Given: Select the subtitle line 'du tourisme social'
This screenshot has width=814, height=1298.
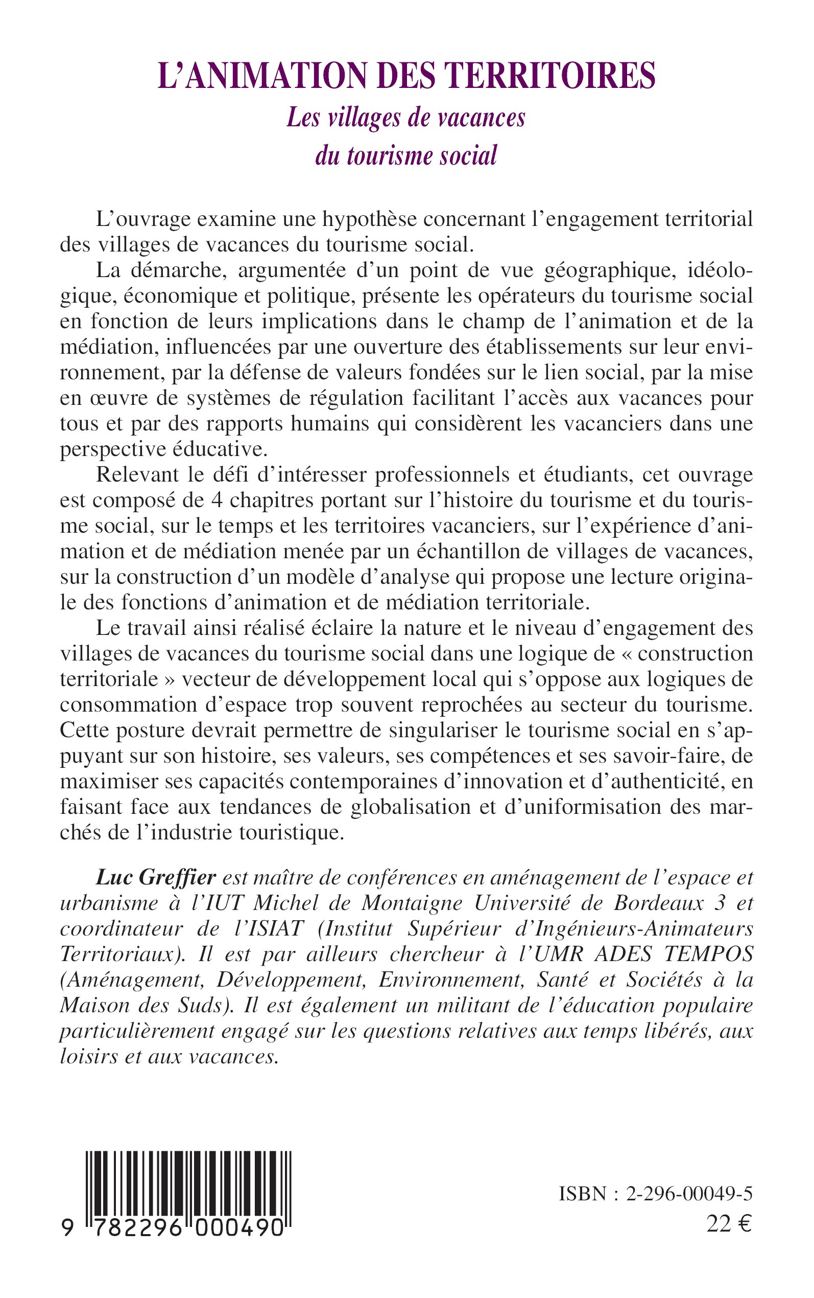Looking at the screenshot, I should click(x=406, y=156).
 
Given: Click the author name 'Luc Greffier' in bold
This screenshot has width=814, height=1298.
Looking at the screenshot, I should click(x=156, y=878).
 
